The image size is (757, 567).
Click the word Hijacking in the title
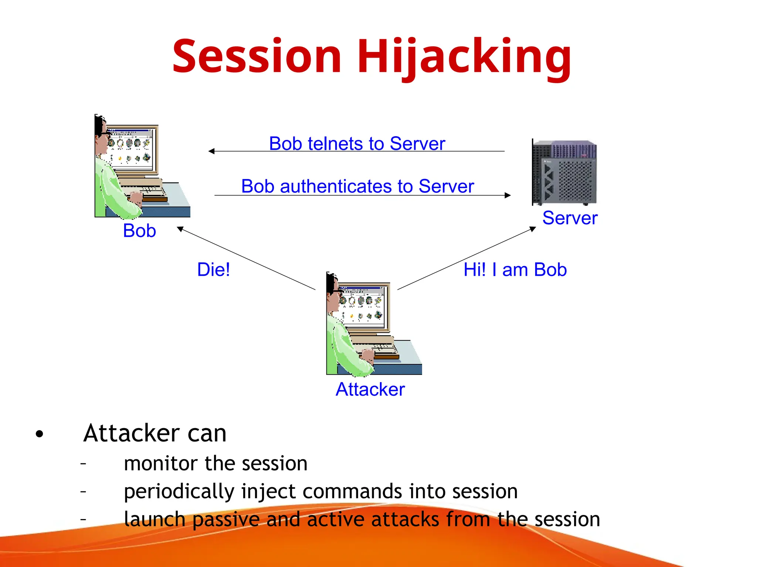tap(464, 57)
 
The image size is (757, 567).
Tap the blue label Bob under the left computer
tap(139, 231)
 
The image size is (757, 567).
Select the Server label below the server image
tap(570, 218)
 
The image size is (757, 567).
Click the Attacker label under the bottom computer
tap(370, 389)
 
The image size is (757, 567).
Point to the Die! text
tap(213, 269)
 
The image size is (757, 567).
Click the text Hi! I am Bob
tap(515, 270)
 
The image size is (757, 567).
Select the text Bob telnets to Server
tap(357, 144)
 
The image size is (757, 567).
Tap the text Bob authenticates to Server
tap(357, 186)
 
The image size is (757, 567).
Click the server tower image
tap(564, 173)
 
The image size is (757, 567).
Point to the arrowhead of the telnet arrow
tap(211, 151)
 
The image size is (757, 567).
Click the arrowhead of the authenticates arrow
tap(508, 195)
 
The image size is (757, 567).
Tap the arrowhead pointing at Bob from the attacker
tap(180, 229)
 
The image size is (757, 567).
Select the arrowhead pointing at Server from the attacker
tap(533, 229)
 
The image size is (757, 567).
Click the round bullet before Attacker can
tap(40, 434)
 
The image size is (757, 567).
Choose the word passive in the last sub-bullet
tap(226, 520)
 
